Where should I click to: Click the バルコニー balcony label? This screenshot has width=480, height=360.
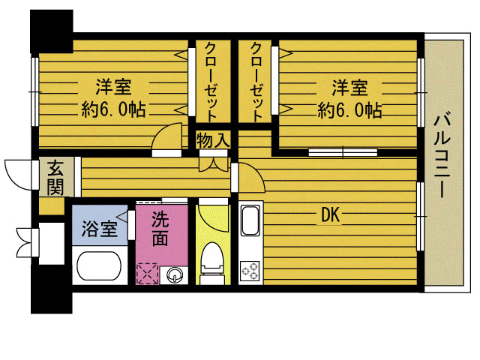coord(442,156)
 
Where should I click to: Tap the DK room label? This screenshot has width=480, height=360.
coord(331,215)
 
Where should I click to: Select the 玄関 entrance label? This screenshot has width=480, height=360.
coord(55,177)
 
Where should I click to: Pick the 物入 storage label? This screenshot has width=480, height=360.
coord(213,140)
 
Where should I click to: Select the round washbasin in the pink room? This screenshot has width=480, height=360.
coord(175,274)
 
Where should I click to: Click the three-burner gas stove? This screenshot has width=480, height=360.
coord(250,271)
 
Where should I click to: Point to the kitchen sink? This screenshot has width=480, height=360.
coord(250,220)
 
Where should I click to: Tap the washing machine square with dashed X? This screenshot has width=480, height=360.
coord(148,273)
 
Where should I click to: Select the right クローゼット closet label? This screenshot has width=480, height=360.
coord(256,81)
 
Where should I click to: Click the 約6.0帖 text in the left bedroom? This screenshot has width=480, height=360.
coord(113,109)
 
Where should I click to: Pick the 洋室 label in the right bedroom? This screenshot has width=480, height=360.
coord(349,87)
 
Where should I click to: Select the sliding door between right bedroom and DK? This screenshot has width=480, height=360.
coord(343,152)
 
